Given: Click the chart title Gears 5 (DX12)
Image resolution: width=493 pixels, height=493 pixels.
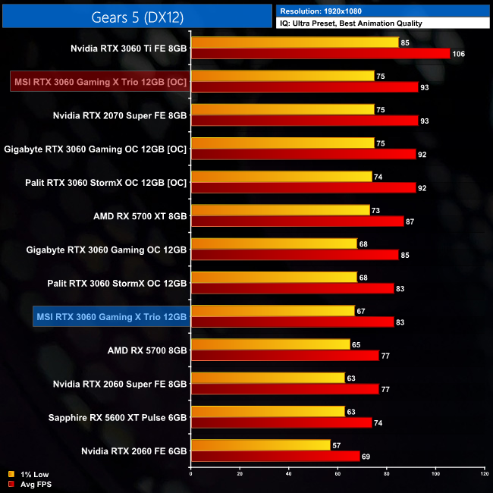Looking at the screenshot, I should coord(137,16).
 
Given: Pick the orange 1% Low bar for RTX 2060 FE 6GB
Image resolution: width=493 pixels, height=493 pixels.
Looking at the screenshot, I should coord(261,445).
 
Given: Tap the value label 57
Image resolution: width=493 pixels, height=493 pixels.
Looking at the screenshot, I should coord(337,445).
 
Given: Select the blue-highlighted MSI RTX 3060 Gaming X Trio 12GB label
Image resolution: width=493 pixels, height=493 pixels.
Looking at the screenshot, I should coord(111,315).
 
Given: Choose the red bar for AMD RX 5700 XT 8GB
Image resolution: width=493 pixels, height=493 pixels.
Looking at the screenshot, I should coord(297,221).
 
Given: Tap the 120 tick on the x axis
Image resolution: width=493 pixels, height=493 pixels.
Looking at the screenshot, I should coord(484,474).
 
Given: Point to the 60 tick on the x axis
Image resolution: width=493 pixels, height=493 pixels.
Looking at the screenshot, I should coord(338,474).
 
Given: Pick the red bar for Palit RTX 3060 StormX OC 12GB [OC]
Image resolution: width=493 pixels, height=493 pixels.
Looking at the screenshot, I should coord(303,187).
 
